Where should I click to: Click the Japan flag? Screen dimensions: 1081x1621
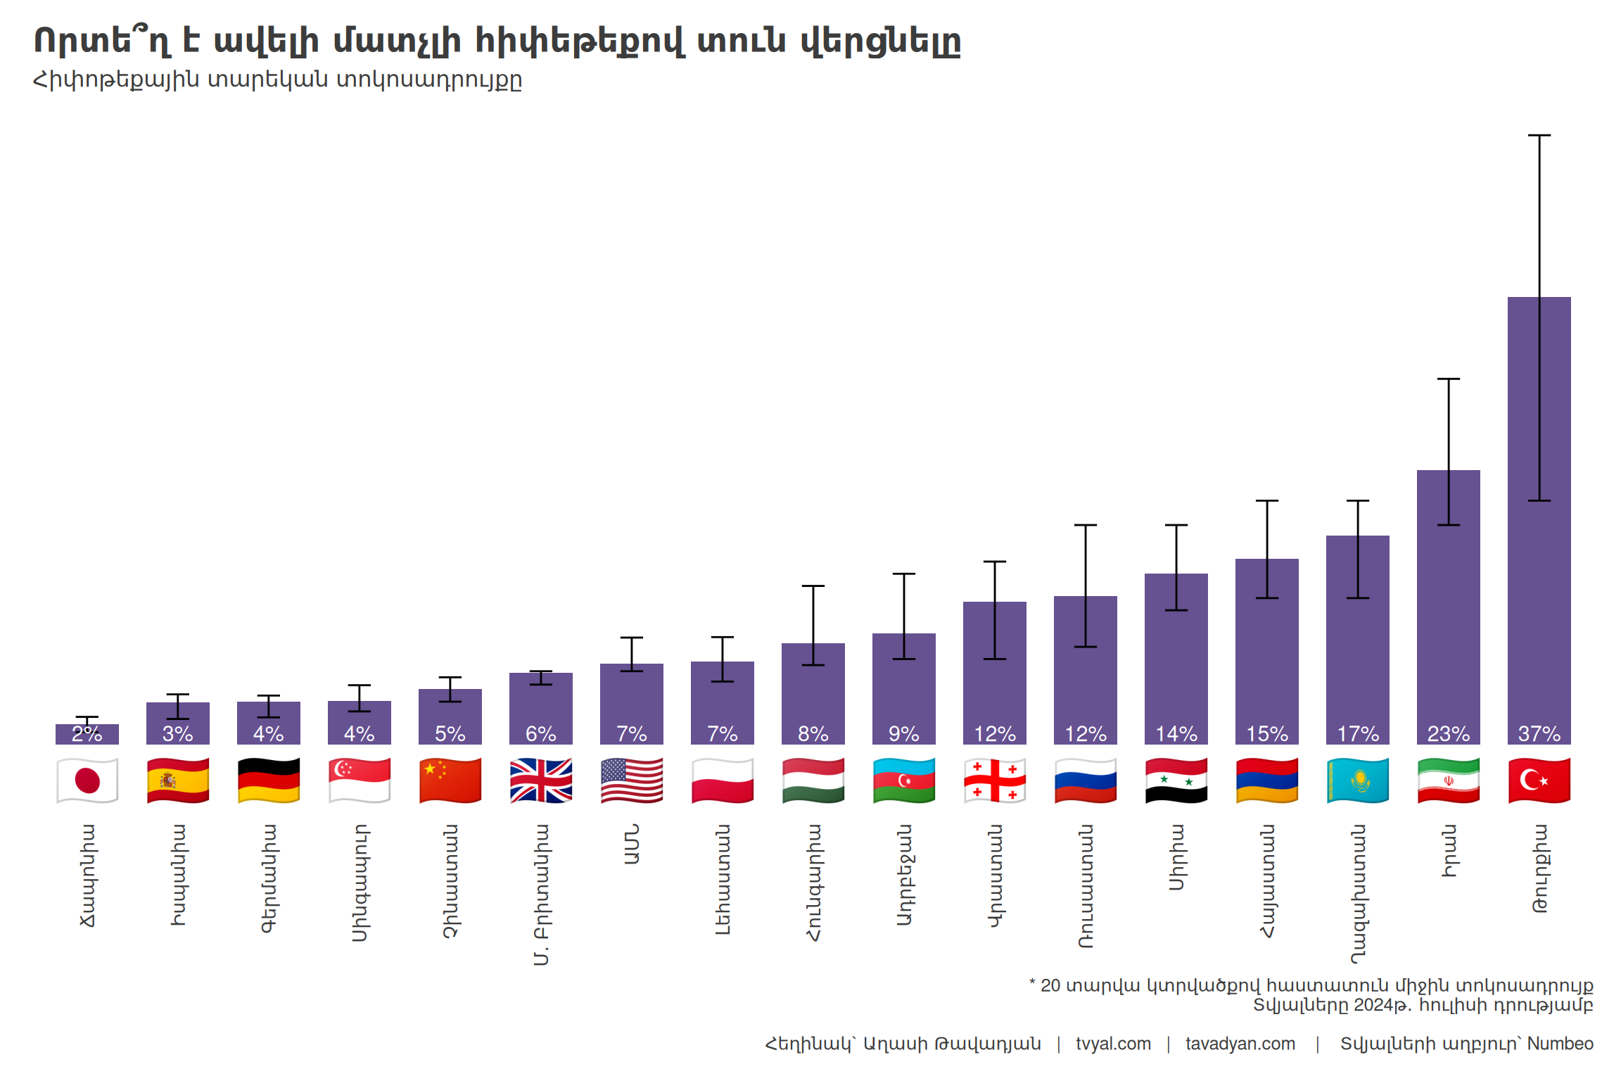click(87, 780)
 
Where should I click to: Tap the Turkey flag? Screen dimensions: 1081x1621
click(1539, 780)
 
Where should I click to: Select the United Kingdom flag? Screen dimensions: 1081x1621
click(541, 780)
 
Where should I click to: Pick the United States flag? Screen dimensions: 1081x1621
click(632, 780)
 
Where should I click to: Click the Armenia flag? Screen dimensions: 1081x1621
click(1267, 780)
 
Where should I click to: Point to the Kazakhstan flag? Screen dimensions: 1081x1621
click(1358, 780)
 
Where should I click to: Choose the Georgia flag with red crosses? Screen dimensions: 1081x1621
click(995, 780)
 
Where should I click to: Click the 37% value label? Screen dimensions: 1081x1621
click(1539, 734)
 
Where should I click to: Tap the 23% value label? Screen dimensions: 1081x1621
click(1449, 734)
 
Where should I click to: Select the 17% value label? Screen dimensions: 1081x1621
click(1358, 734)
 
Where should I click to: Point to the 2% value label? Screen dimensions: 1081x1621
click(87, 734)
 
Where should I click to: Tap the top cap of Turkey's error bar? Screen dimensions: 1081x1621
click(1539, 135)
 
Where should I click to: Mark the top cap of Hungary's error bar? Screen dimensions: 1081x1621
click(813, 586)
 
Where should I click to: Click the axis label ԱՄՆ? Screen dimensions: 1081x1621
click(632, 845)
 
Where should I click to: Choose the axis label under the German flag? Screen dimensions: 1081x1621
click(269, 878)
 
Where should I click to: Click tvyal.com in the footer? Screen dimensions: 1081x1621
click(1113, 1044)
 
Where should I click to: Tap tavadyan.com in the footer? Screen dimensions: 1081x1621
click(1240, 1044)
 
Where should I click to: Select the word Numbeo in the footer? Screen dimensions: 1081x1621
click(1560, 1044)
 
